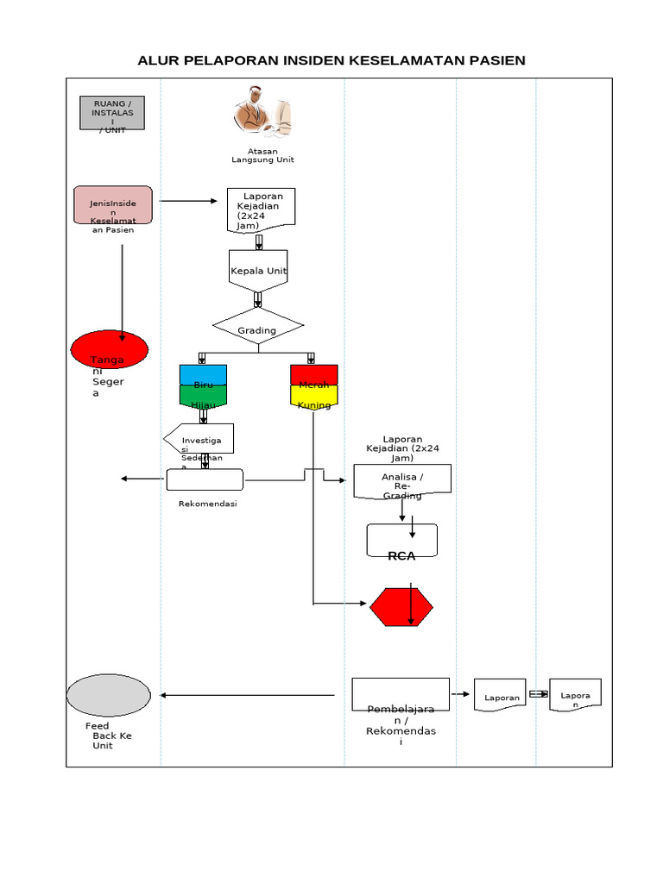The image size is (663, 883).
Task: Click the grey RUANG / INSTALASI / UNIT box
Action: [x=112, y=113]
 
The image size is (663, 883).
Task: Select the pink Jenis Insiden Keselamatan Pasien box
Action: [x=113, y=210]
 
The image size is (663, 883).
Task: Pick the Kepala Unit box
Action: [x=258, y=271]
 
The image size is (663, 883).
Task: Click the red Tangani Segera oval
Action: [x=110, y=349]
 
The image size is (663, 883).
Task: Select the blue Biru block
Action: [x=203, y=375]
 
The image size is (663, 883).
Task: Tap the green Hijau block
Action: [x=203, y=396]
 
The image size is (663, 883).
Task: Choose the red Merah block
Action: [x=313, y=375]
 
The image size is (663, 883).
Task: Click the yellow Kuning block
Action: [x=313, y=396]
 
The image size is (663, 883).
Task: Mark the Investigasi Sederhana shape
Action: [x=199, y=439]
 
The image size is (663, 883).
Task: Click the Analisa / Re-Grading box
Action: [x=402, y=483]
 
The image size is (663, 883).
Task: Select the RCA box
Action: [x=402, y=541]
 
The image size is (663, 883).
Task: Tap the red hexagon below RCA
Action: [x=401, y=608]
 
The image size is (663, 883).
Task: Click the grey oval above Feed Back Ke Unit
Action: [x=109, y=695]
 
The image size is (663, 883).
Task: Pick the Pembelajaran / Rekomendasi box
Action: [x=401, y=694]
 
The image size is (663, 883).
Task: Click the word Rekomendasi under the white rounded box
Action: [x=207, y=504]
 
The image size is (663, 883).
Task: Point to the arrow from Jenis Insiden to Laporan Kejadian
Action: [x=188, y=201]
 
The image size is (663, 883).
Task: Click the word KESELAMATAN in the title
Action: [x=407, y=60]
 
